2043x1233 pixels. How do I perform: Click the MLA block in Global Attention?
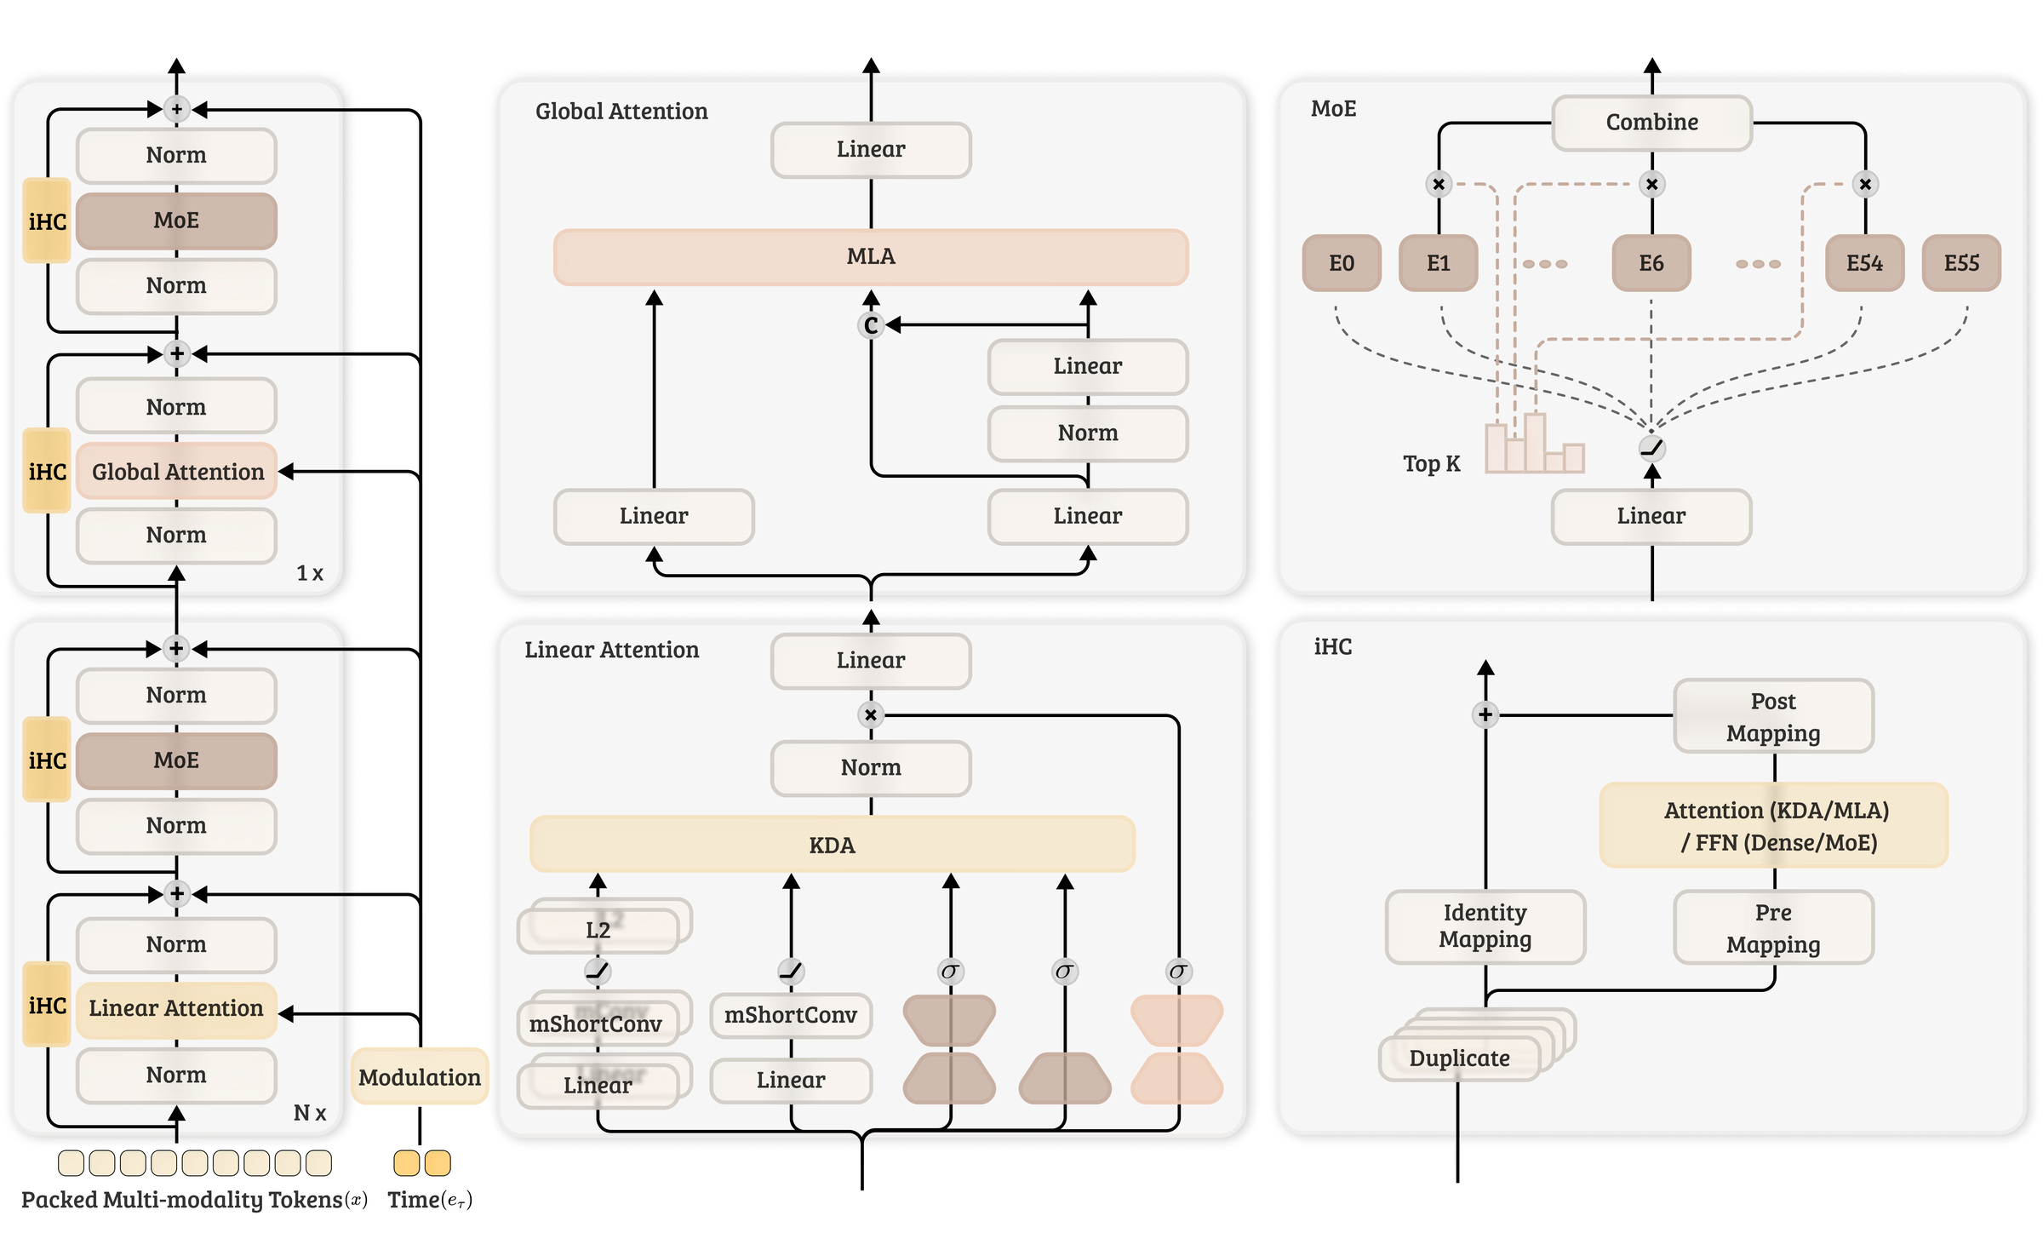(871, 256)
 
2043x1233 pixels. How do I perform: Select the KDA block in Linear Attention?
(832, 845)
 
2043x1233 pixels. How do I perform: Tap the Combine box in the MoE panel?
(1651, 123)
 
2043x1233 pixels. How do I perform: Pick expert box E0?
(1342, 263)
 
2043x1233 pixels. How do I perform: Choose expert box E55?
(1961, 263)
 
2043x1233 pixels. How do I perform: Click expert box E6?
(1651, 263)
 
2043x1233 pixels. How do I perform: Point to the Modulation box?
(420, 1076)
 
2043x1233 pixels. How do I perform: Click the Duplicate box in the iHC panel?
(1459, 1058)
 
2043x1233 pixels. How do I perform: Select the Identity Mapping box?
(1485, 926)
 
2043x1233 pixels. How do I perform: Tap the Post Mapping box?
(1773, 716)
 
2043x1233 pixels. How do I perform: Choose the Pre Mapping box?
(1773, 927)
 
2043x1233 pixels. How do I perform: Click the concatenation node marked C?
(871, 325)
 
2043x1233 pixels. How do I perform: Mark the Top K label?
(1431, 463)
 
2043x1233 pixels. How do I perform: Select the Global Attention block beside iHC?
(177, 471)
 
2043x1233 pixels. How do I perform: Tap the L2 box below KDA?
(598, 930)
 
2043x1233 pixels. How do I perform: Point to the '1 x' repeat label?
(310, 573)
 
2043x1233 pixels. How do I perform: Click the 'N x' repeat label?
(310, 1113)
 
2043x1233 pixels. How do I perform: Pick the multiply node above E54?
(1865, 184)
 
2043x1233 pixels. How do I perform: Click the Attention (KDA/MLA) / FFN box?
(1774, 825)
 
